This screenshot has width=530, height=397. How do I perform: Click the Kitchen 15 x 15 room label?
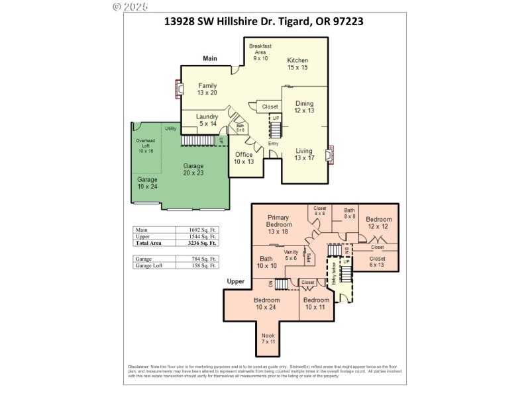(x=297, y=64)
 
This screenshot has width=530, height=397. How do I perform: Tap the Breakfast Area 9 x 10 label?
(x=260, y=52)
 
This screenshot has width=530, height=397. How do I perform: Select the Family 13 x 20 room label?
(x=207, y=89)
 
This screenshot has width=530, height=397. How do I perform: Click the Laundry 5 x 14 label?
(x=207, y=120)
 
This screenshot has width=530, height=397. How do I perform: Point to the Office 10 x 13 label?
(x=244, y=158)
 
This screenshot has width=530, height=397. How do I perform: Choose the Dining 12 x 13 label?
(x=304, y=107)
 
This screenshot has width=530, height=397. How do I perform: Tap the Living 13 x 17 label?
(x=304, y=154)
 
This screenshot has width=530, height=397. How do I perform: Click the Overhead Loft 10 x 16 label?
(x=145, y=146)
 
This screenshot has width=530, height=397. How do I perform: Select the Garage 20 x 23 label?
(x=193, y=169)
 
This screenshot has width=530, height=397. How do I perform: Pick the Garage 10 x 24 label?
(x=147, y=183)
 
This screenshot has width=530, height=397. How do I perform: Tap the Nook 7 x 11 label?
(x=268, y=339)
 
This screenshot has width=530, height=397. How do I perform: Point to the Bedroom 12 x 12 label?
(x=379, y=223)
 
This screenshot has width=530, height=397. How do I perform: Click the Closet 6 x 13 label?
(x=377, y=262)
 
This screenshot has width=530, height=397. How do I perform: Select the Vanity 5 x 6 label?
(x=291, y=255)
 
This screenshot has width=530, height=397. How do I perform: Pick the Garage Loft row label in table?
(x=148, y=265)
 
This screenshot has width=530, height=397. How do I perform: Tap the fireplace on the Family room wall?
(x=178, y=88)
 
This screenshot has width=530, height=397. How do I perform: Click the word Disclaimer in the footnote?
(x=139, y=367)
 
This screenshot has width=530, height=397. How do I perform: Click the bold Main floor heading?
(x=210, y=58)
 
